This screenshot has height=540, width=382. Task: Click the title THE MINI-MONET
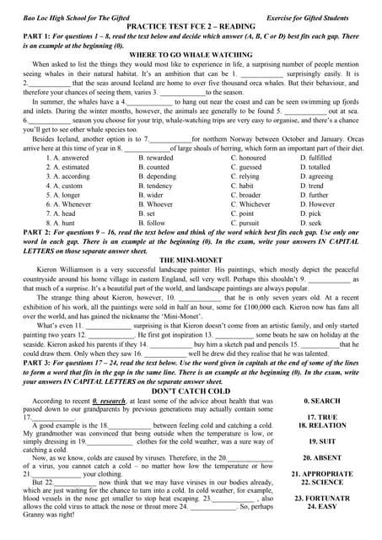pyautogui.click(x=191, y=260)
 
